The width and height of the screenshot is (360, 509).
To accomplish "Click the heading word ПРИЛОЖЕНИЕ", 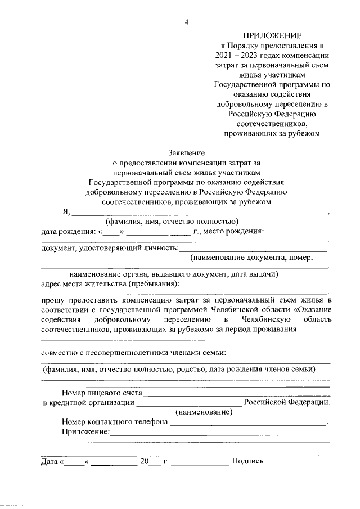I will coord(272,35).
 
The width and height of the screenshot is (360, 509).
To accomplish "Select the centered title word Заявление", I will coord(187,152).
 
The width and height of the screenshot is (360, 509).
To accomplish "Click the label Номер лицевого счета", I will coord(102,393).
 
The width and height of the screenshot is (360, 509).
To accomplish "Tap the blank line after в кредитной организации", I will coord(189,403).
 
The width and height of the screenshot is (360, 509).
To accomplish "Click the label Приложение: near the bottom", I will coord(85,431).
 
